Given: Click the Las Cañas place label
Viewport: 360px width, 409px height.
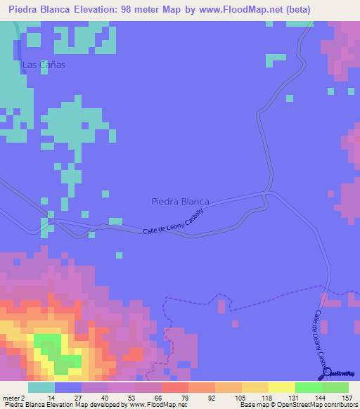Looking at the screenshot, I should click(44, 65).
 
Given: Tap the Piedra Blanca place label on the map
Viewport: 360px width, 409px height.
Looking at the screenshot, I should click(180, 201).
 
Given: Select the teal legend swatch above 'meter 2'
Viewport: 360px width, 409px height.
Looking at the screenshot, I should click(41, 387).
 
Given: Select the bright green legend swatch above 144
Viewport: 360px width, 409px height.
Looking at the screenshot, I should click(308, 387).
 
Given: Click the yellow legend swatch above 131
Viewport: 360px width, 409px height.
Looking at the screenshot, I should click(281, 387).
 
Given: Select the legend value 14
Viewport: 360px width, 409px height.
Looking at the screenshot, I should click(51, 397).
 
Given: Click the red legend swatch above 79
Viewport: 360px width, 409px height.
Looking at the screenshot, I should click(174, 387).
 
